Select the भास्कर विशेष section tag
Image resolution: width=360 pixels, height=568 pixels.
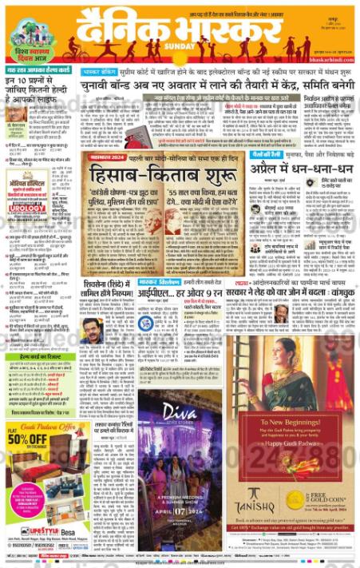[x=160, y=282]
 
